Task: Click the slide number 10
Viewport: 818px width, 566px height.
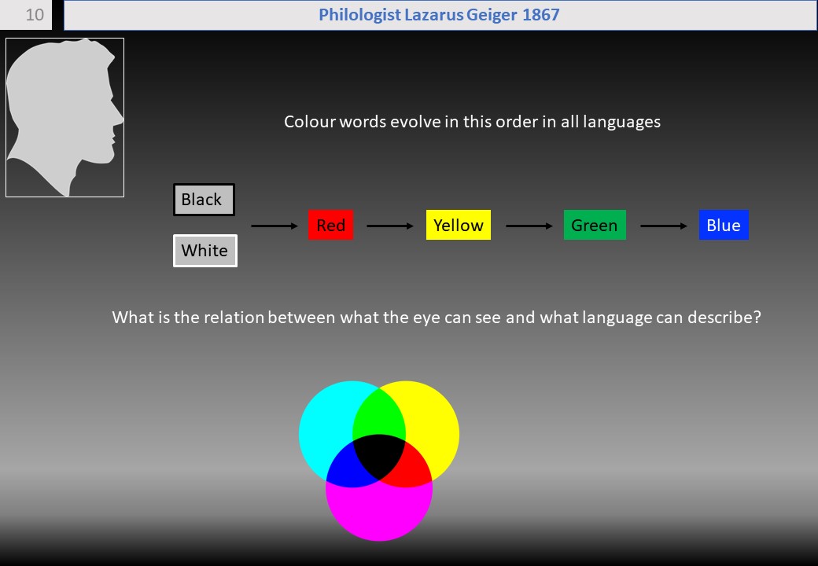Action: coord(35,15)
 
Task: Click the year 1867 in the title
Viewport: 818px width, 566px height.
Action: coord(540,15)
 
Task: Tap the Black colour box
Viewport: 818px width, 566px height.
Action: coord(204,200)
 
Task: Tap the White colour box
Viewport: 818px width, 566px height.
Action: coord(205,251)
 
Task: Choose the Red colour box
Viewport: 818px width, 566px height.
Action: coord(331,225)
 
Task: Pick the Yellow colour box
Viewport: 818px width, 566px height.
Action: coord(459,225)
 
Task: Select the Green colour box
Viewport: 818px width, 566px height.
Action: coord(595,225)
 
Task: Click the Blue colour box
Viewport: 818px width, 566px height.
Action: coord(724,225)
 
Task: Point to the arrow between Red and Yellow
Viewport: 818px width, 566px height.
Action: coord(390,226)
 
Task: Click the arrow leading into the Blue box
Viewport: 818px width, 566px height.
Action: coord(664,226)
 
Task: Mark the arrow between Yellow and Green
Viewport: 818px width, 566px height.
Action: coord(529,226)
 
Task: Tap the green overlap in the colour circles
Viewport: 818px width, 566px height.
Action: coord(379,412)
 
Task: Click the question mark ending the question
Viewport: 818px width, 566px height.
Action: coord(757,317)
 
